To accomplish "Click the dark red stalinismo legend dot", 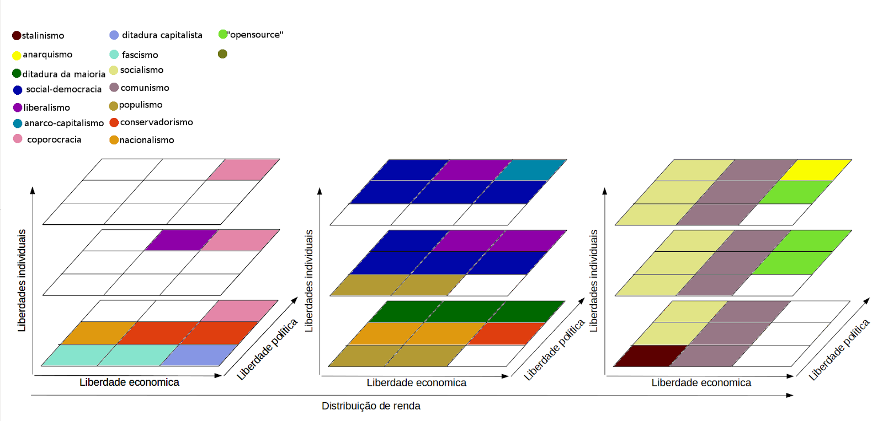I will (x=17, y=36).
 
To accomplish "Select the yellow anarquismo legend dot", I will (x=17, y=55).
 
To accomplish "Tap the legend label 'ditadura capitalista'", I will (x=162, y=35).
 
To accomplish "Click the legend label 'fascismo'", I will (x=140, y=55).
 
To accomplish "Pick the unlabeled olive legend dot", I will (x=222, y=54).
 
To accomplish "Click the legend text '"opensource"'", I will (x=256, y=35).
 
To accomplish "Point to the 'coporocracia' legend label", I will (x=54, y=140).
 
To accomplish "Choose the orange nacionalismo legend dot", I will (x=114, y=140).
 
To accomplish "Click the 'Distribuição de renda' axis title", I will (x=371, y=406).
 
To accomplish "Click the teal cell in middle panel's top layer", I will (x=530, y=170).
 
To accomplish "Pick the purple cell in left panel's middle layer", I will (x=181, y=240).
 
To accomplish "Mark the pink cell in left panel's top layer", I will (x=243, y=170).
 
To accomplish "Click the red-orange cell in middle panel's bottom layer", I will (x=507, y=333).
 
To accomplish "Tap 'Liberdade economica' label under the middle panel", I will (x=416, y=383).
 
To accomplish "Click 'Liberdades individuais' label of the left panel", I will (x=22, y=280).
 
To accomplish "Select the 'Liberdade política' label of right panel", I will (x=839, y=349).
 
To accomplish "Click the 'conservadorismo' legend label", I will (x=156, y=122).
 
